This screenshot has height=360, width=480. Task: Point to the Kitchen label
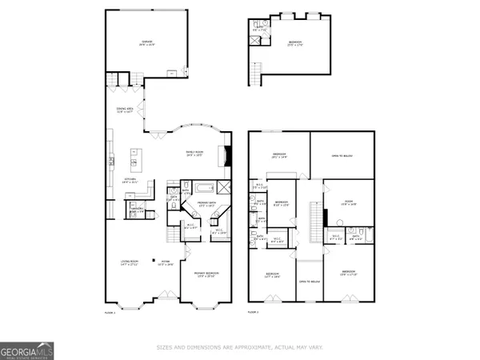click(120, 181)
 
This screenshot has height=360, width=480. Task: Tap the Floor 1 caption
click(110, 312)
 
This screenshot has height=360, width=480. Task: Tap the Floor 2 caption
click(253, 312)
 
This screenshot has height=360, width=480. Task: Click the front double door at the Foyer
click(166, 303)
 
